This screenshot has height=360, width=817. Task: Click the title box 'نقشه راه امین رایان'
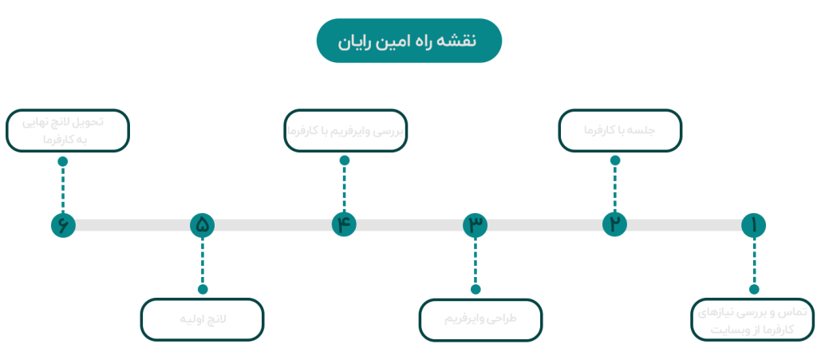click(408, 41)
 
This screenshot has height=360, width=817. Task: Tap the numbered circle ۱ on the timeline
click(753, 225)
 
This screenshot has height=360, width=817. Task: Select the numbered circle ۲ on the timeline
click(614, 225)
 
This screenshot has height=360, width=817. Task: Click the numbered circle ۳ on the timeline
click(476, 225)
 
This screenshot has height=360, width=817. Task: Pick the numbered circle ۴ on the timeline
click(344, 225)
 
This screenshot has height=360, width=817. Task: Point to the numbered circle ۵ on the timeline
click(203, 225)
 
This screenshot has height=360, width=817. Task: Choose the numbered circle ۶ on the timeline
click(62, 225)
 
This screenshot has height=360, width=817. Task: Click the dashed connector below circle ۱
click(753, 263)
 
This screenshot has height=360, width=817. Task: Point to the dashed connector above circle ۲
click(614, 187)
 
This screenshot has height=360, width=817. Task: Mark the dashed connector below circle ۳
click(476, 263)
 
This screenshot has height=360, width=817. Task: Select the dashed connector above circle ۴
click(344, 187)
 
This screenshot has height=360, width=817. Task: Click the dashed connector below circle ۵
click(203, 263)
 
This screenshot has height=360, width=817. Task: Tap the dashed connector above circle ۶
click(62, 187)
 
